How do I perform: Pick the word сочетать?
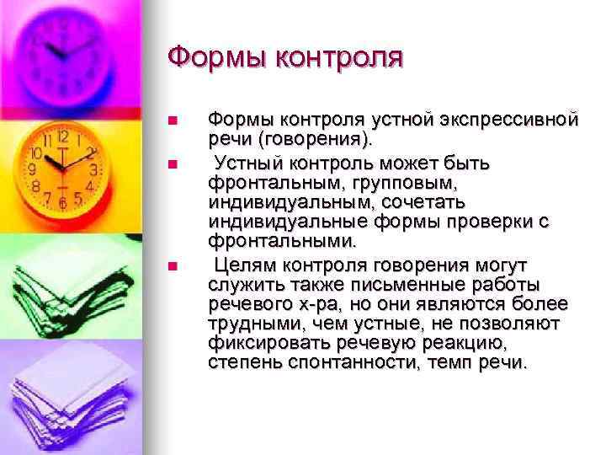click(425, 201)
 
